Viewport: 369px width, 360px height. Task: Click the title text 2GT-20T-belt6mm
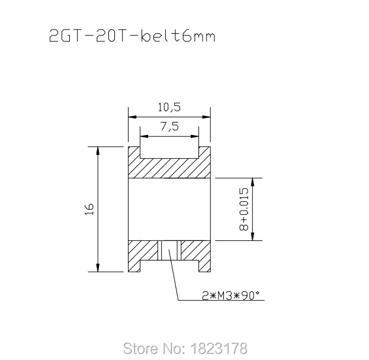tap(131, 38)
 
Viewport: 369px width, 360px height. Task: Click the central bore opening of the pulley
tap(170, 208)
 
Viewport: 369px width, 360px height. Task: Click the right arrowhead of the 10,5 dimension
tap(207, 115)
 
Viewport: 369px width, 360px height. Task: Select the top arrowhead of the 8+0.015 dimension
tap(253, 181)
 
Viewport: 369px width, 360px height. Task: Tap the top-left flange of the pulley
tap(134, 152)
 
